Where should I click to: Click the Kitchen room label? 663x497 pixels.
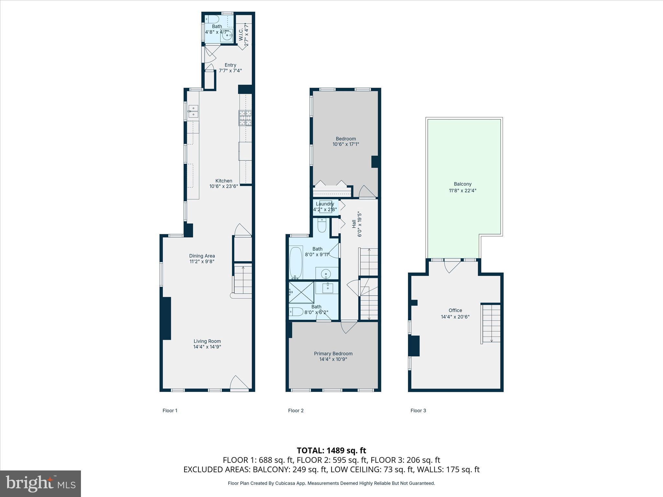pos(224,181)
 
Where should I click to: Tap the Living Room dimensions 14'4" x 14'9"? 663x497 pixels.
pos(207,347)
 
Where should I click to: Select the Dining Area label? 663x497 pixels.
pos(202,256)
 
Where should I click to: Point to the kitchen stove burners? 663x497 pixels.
pos(245,118)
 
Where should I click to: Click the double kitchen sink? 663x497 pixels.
pos(193,111)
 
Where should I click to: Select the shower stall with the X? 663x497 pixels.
pos(301,293)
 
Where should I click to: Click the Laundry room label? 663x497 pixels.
pos(325,204)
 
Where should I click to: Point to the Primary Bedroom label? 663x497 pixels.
pos(333,354)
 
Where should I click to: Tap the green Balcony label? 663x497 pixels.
pos(463,184)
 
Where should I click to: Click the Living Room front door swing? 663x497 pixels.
pos(239,383)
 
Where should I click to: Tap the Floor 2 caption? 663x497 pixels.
pos(296,411)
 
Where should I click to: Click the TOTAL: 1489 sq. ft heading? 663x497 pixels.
pos(331,450)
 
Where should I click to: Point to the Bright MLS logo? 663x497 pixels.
pos(40,483)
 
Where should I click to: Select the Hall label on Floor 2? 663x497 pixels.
pos(354,224)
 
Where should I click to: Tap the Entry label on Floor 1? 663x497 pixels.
pos(230,65)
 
